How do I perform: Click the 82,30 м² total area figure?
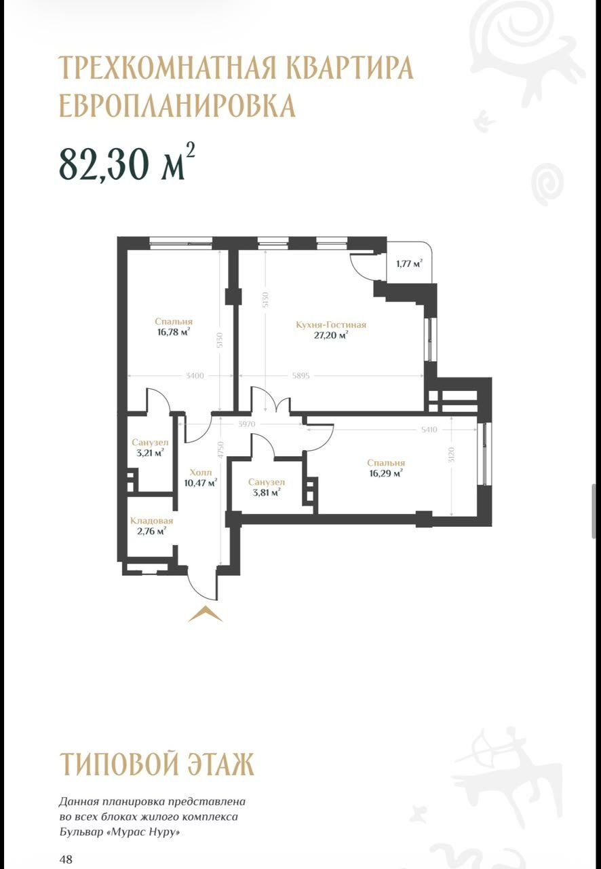(127, 162)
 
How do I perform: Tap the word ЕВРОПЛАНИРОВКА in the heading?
(177, 105)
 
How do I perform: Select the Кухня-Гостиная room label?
(331, 325)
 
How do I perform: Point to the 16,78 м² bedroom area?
(174, 332)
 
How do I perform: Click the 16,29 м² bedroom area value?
(386, 473)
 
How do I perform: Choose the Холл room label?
(201, 473)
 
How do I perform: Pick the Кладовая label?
(152, 521)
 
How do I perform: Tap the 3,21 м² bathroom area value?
(150, 453)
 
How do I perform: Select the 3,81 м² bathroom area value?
(267, 493)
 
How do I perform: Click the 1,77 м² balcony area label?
(409, 264)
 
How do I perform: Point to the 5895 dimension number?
(301, 375)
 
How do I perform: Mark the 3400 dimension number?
(195, 375)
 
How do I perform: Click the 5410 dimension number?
(429, 430)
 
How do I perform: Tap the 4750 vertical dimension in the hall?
(220, 449)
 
